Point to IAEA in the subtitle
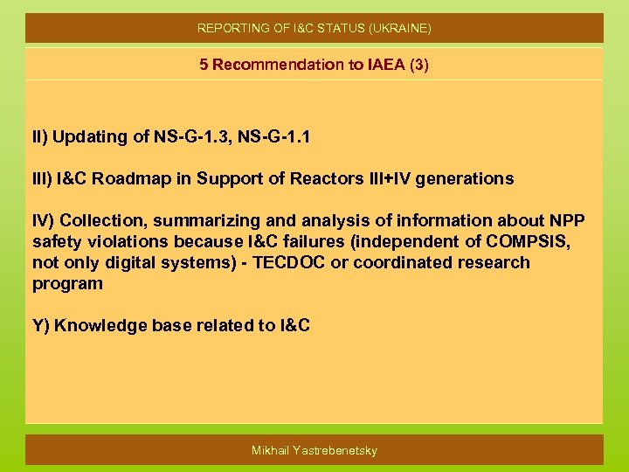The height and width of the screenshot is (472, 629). (x=375, y=65)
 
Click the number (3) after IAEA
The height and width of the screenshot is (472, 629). (x=415, y=65)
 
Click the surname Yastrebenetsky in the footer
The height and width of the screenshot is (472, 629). (x=335, y=450)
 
